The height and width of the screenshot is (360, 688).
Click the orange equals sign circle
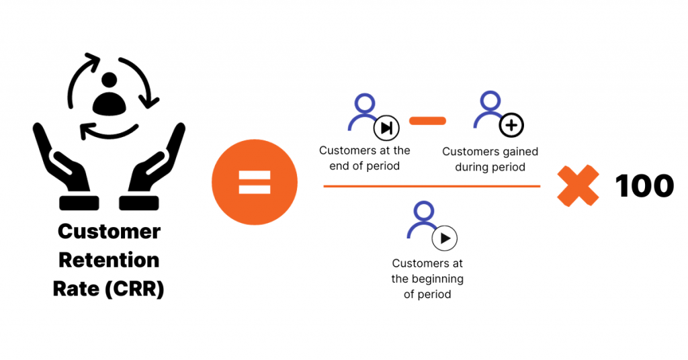[255, 182]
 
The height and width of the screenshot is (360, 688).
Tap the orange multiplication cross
[578, 185]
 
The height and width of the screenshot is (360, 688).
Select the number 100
[644, 185]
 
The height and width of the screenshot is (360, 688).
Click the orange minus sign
[427, 121]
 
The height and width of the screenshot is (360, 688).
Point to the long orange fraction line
[432, 186]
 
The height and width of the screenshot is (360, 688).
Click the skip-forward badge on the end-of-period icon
[386, 128]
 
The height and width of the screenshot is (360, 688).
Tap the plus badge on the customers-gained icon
[511, 126]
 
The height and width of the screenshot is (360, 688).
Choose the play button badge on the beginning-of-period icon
[445, 238]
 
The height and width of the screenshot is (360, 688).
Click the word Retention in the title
[109, 260]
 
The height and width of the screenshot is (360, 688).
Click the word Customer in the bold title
[110, 231]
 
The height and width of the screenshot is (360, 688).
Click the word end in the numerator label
[339, 166]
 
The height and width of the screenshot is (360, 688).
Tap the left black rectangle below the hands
[79, 203]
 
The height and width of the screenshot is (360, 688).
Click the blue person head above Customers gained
[490, 101]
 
